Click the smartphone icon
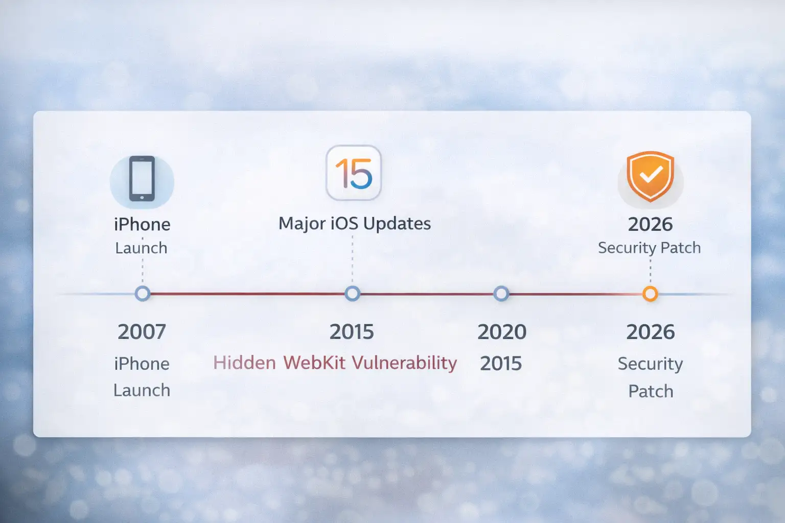pos(142,179)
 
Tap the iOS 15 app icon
pos(354,173)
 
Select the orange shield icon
pos(650,176)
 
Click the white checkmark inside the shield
pos(651,175)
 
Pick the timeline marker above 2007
pos(143,294)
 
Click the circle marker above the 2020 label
pos(501,294)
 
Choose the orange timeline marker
pos(650,294)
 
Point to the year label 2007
pos(142,332)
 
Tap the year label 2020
pos(502,332)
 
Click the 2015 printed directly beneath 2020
pos(501,364)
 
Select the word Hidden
pos(244,363)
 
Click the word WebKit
pos(314,363)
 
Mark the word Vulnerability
pos(404,363)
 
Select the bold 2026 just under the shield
pos(650,224)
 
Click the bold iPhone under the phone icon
pos(142,224)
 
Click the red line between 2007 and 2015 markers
pos(247,294)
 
